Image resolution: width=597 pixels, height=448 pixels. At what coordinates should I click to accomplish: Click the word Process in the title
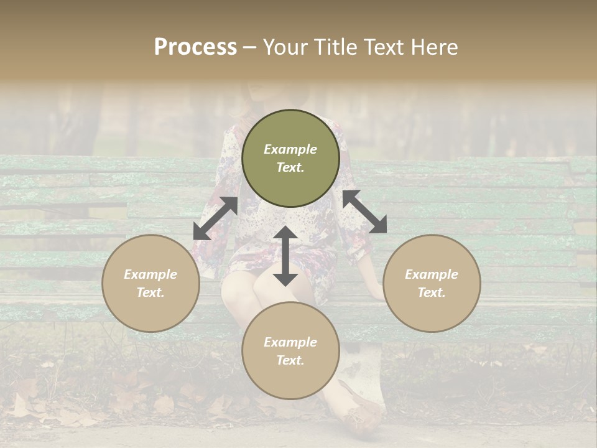tap(195, 47)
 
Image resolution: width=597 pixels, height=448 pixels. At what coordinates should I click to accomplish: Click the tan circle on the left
tap(150, 283)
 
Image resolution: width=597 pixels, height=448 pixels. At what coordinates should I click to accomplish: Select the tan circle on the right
tap(432, 283)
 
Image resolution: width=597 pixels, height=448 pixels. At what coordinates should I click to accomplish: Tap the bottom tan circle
tap(290, 350)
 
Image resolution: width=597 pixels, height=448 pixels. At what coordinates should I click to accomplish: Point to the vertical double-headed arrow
tap(285, 256)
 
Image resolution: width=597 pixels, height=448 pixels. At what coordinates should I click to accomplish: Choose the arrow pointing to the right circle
tap(365, 212)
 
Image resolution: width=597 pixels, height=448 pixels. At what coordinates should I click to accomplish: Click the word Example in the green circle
tap(290, 149)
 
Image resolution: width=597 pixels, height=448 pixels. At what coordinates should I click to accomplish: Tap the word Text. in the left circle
tap(150, 292)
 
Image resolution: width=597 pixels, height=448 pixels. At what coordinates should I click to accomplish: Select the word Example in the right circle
tap(432, 274)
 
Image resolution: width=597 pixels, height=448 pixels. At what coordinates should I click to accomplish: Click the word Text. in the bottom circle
tap(290, 360)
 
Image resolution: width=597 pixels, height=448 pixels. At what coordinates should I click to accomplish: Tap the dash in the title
tap(249, 47)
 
